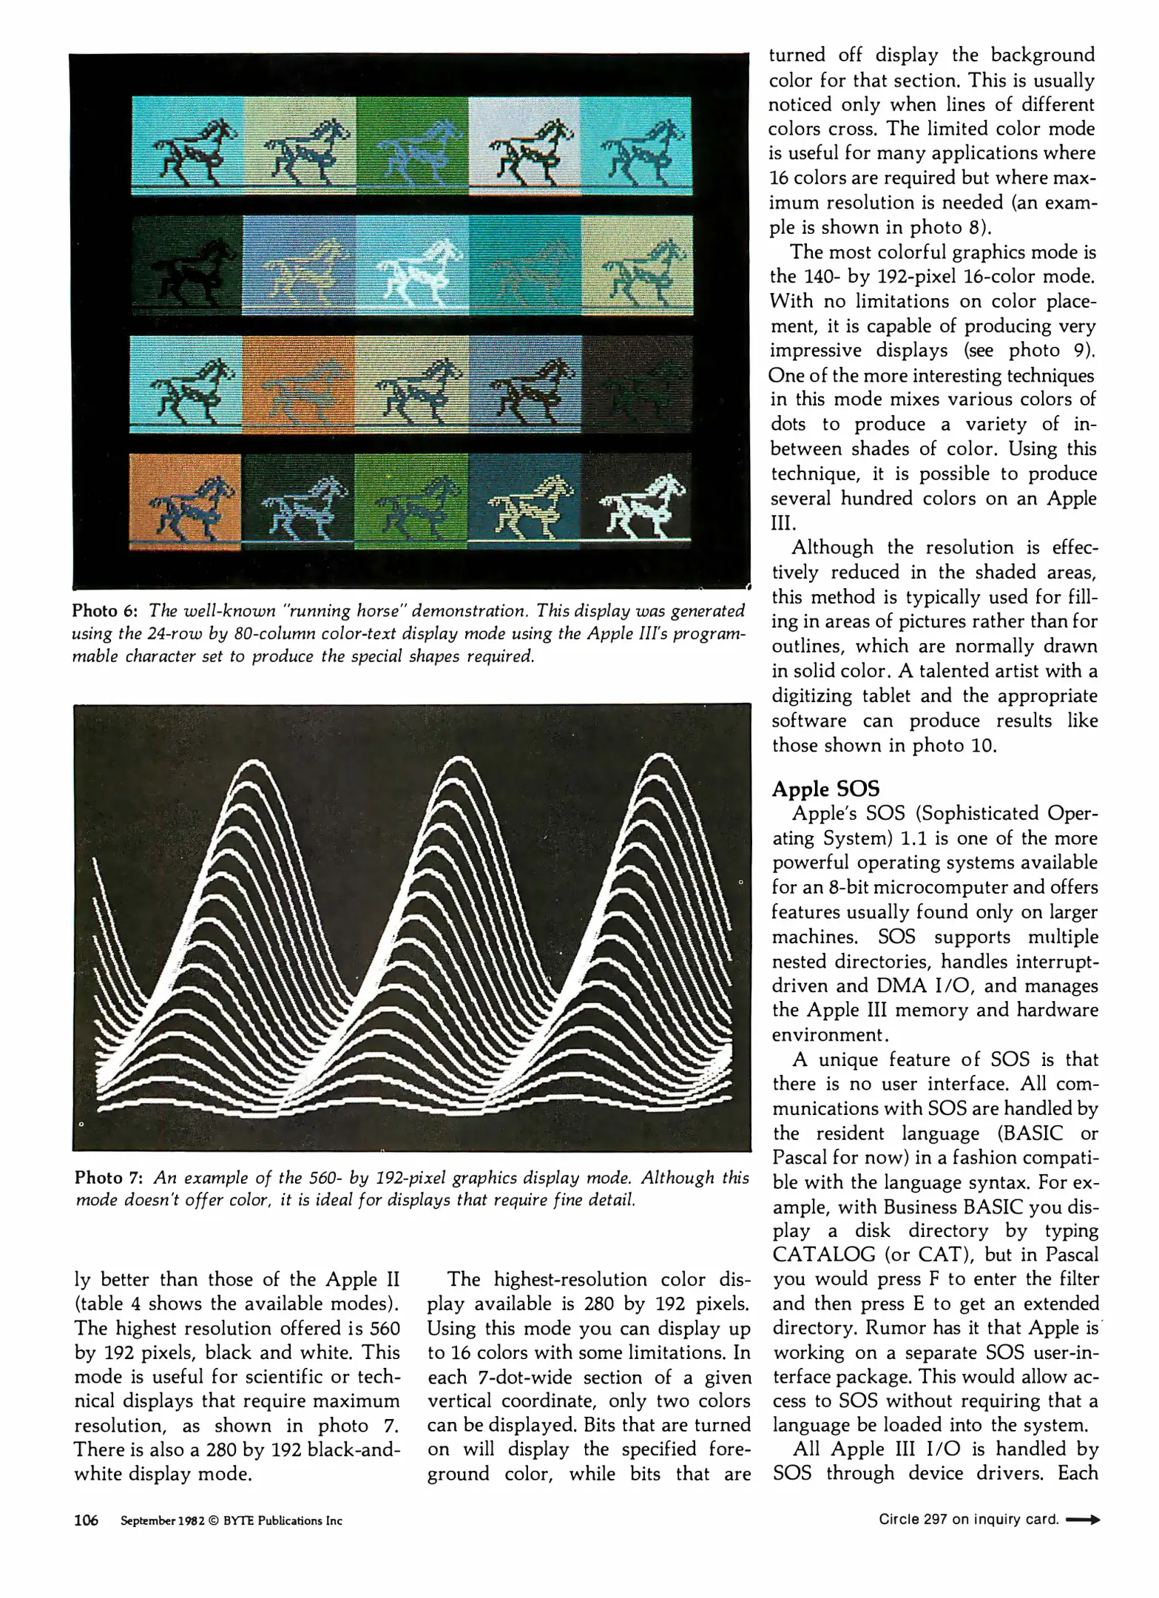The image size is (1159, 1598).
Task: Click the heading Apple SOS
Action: (825, 789)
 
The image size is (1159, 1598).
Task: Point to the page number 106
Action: (86, 1520)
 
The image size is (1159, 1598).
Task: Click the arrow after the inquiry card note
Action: (1083, 1520)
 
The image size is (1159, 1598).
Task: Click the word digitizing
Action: (811, 696)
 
